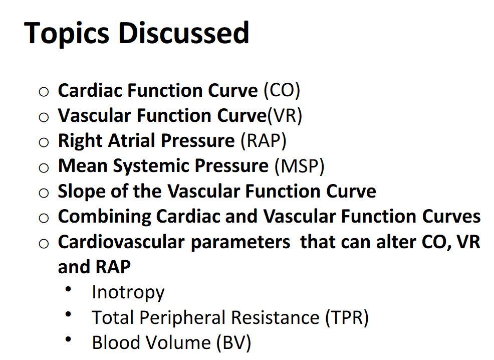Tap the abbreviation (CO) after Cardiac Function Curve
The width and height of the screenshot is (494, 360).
(x=282, y=91)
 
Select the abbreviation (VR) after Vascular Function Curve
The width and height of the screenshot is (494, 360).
(x=284, y=116)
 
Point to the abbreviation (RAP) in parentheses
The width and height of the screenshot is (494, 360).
(x=263, y=141)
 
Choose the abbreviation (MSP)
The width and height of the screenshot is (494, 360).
(x=299, y=166)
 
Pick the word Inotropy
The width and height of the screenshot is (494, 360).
(x=128, y=292)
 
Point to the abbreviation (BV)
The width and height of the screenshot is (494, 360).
(x=233, y=343)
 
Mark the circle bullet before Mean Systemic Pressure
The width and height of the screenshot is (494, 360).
(x=44, y=167)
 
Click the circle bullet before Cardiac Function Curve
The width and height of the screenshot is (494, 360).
(x=44, y=92)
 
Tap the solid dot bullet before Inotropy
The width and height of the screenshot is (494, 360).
(x=68, y=289)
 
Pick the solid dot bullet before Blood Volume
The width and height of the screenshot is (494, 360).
(x=68, y=340)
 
